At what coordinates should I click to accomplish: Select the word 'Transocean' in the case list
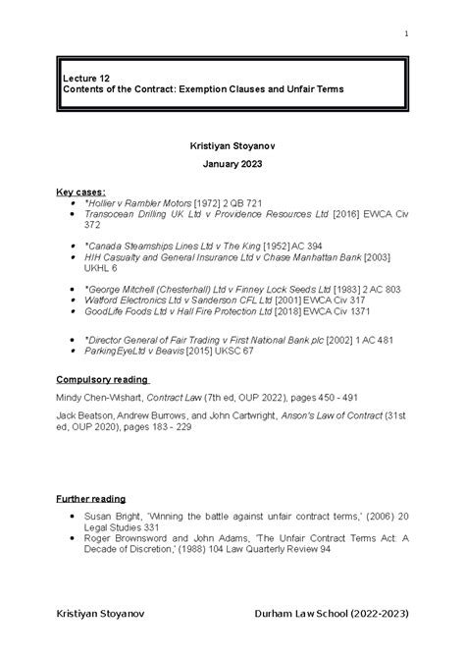pyautogui.click(x=112, y=213)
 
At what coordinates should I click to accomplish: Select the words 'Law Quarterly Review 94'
pyautogui.click(x=263, y=550)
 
